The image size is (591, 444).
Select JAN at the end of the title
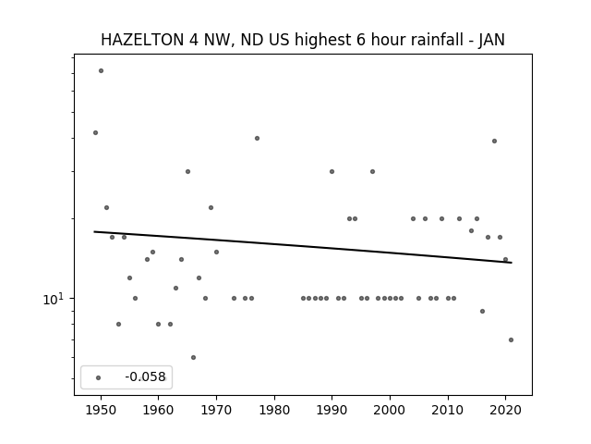tap(491, 40)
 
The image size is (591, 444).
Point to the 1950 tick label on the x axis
tap(101, 410)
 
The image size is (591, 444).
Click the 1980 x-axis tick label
tap(274, 410)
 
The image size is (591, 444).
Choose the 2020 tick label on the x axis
tap(505, 410)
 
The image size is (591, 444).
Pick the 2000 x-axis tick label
tap(390, 410)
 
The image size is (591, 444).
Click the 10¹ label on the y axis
tap(54, 299)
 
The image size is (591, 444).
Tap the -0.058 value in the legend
tap(145, 376)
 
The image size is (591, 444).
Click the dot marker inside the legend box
tap(99, 377)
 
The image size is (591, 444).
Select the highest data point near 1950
tap(101, 70)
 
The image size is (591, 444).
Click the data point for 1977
tap(257, 138)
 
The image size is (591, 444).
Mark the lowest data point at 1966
tap(193, 358)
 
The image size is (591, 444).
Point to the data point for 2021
tap(511, 339)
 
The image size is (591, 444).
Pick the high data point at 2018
tap(494, 142)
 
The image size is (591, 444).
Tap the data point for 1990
tap(332, 171)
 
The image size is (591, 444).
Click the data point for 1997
tap(372, 171)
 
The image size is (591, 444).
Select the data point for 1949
tap(95, 132)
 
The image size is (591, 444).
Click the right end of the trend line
tap(512, 263)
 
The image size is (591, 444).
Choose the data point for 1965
tap(187, 171)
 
